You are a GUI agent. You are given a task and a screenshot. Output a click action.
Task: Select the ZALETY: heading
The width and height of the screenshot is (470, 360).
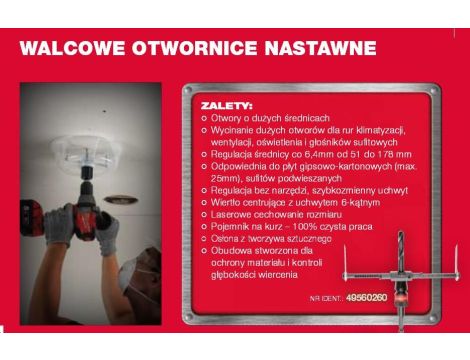pyautogui.click(x=227, y=104)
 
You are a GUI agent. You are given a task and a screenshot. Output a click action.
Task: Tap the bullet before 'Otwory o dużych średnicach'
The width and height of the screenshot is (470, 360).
pyautogui.click(x=204, y=118)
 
